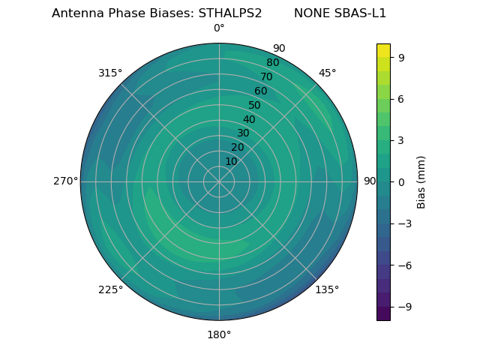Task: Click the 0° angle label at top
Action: click(219, 28)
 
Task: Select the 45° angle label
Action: click(327, 73)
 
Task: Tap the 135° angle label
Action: click(327, 289)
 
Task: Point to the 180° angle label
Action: click(219, 334)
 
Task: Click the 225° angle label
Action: click(110, 289)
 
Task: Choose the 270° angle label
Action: click(65, 181)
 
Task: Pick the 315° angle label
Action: click(110, 73)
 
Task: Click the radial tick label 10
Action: click(231, 161)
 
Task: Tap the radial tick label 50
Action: click(255, 105)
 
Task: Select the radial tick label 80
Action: click(272, 62)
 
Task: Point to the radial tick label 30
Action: click(243, 133)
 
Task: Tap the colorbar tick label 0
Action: click(401, 181)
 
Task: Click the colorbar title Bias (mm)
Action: click(421, 181)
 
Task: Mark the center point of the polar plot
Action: click(219, 181)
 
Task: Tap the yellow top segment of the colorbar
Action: click(383, 50)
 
